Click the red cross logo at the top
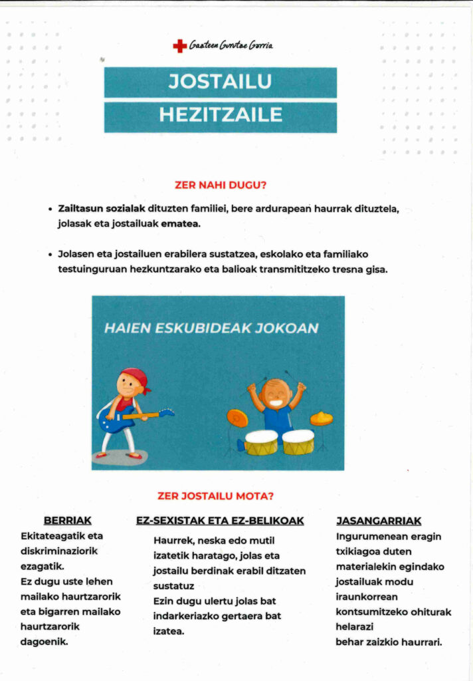[x=179, y=46]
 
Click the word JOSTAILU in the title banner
[x=220, y=82]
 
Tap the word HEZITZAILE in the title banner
[x=220, y=115]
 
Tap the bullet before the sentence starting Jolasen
[x=50, y=255]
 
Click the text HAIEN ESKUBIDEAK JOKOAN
[x=211, y=328]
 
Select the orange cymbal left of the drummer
[x=237, y=418]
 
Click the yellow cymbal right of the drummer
[x=322, y=418]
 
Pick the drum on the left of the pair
[x=261, y=442]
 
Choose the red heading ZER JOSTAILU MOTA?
[x=215, y=495]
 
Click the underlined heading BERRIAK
[x=67, y=521]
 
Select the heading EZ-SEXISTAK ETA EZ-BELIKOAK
[x=220, y=521]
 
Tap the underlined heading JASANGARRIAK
[x=379, y=521]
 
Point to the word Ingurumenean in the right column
[x=369, y=536]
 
